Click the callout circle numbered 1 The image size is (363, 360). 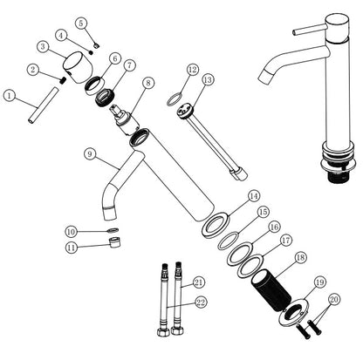coord(10,96)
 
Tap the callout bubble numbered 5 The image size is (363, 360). coord(81,24)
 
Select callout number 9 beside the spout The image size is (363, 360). coord(90,153)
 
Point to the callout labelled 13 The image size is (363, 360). coord(208,80)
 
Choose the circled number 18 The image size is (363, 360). coord(300,257)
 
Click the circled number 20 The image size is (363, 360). coord(334,299)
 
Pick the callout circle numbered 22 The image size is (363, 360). coord(201,302)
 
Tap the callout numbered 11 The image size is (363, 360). coord(72,248)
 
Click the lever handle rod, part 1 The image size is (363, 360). coord(44,105)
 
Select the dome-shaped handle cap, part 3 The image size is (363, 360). coord(78,67)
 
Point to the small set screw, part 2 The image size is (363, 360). coord(62,81)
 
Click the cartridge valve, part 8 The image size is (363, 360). coord(124,120)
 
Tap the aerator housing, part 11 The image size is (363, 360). coord(115,242)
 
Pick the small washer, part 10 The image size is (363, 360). coord(113,230)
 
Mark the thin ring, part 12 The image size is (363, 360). coord(175,98)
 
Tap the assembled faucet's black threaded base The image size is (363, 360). coord(339,177)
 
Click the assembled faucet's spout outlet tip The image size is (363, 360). coord(264,78)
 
